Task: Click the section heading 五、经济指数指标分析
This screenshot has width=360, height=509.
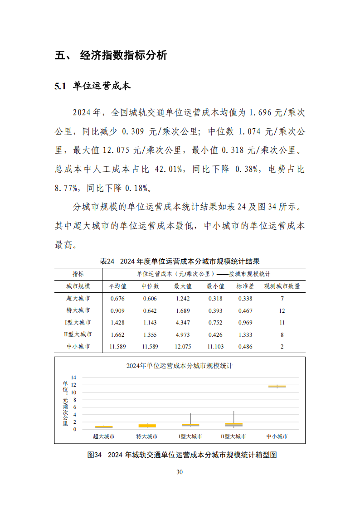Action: point(111,56)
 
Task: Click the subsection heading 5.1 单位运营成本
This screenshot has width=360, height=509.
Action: point(92,86)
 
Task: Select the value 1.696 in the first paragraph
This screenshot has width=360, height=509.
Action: point(263,112)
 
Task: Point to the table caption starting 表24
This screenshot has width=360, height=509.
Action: point(180,261)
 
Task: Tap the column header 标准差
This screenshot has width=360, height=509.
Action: point(245,286)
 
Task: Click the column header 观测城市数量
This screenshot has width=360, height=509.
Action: point(282,286)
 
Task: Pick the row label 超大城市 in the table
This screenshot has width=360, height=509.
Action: point(78,298)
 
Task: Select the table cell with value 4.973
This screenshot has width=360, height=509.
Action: point(183,334)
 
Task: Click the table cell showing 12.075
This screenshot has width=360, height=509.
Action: point(183,346)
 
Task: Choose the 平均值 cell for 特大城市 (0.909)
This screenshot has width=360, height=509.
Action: point(117,310)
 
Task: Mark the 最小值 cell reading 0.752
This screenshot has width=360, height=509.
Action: point(215,322)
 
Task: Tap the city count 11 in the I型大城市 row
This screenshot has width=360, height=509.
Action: point(282,322)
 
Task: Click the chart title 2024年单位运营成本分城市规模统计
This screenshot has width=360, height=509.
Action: point(179,366)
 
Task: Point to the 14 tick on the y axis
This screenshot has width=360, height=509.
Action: point(73,378)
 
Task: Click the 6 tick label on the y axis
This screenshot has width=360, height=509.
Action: point(75,407)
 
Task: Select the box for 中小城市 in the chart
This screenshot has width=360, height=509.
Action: point(277,386)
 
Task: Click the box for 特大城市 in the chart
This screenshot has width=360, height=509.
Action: point(147,426)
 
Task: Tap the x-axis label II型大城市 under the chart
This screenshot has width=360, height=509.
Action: point(233,436)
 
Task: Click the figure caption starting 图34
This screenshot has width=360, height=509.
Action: point(182,455)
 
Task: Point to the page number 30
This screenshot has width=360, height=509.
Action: point(180,472)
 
